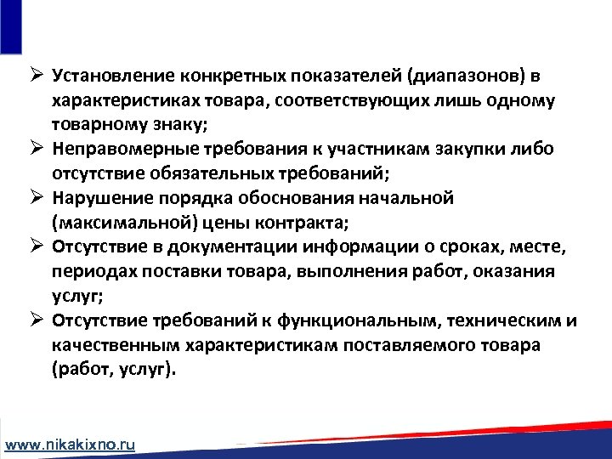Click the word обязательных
coord(211,173)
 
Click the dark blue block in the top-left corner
coord(10,26)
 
